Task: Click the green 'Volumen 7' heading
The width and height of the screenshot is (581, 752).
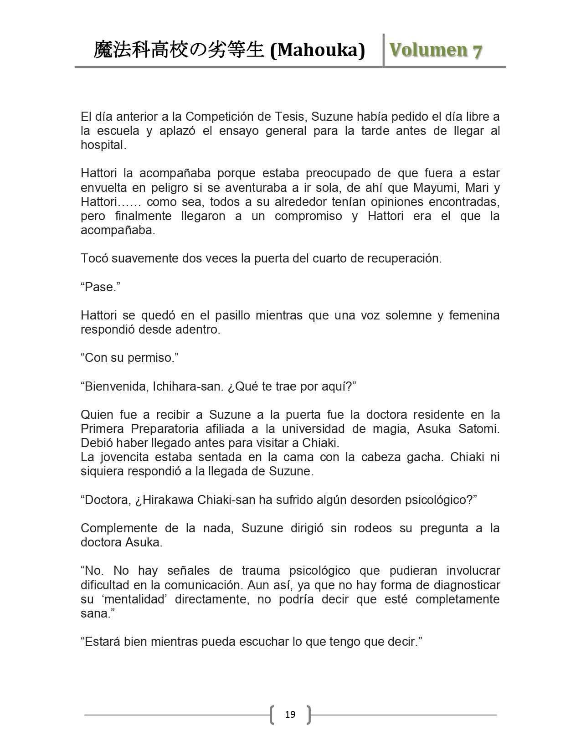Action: tap(435, 50)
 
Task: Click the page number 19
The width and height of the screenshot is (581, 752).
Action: tap(290, 714)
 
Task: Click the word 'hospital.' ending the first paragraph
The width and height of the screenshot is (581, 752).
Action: tap(103, 145)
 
